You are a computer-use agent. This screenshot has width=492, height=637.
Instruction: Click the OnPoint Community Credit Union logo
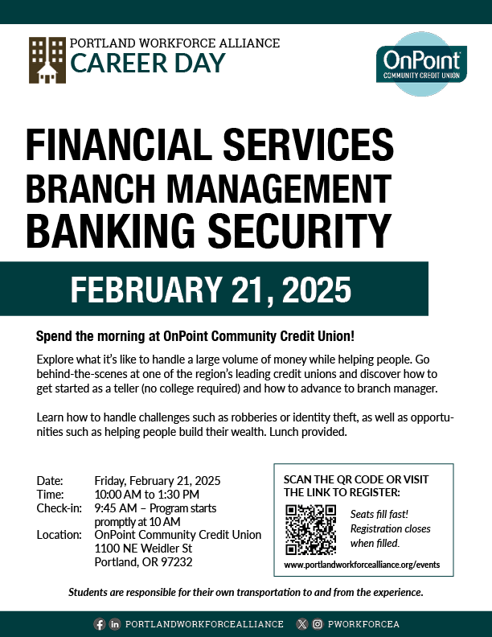click(422, 64)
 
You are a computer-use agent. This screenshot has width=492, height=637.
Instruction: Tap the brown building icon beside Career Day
click(47, 60)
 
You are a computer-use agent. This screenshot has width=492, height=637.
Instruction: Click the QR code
click(311, 530)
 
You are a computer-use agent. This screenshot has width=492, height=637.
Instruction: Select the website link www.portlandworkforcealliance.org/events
click(362, 565)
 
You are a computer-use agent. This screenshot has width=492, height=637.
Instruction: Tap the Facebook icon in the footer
click(100, 624)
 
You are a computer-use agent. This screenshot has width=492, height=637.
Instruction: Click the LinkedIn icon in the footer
click(115, 624)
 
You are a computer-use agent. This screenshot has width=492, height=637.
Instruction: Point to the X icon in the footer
click(302, 624)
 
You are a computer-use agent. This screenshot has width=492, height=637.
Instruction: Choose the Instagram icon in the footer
click(318, 624)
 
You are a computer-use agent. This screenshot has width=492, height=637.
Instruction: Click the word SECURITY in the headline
click(300, 231)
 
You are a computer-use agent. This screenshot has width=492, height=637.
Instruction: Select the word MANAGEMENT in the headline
click(279, 188)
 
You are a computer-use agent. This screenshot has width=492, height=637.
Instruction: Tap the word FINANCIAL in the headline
click(119, 145)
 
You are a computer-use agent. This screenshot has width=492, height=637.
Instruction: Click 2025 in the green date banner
click(316, 290)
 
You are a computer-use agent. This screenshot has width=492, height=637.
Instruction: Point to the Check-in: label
click(59, 508)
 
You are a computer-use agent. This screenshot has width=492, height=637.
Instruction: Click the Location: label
click(59, 535)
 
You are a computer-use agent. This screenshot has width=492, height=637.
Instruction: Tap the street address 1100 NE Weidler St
click(143, 549)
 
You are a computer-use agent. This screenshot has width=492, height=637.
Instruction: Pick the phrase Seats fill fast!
click(379, 514)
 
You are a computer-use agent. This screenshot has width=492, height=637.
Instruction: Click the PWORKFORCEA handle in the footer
click(363, 624)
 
